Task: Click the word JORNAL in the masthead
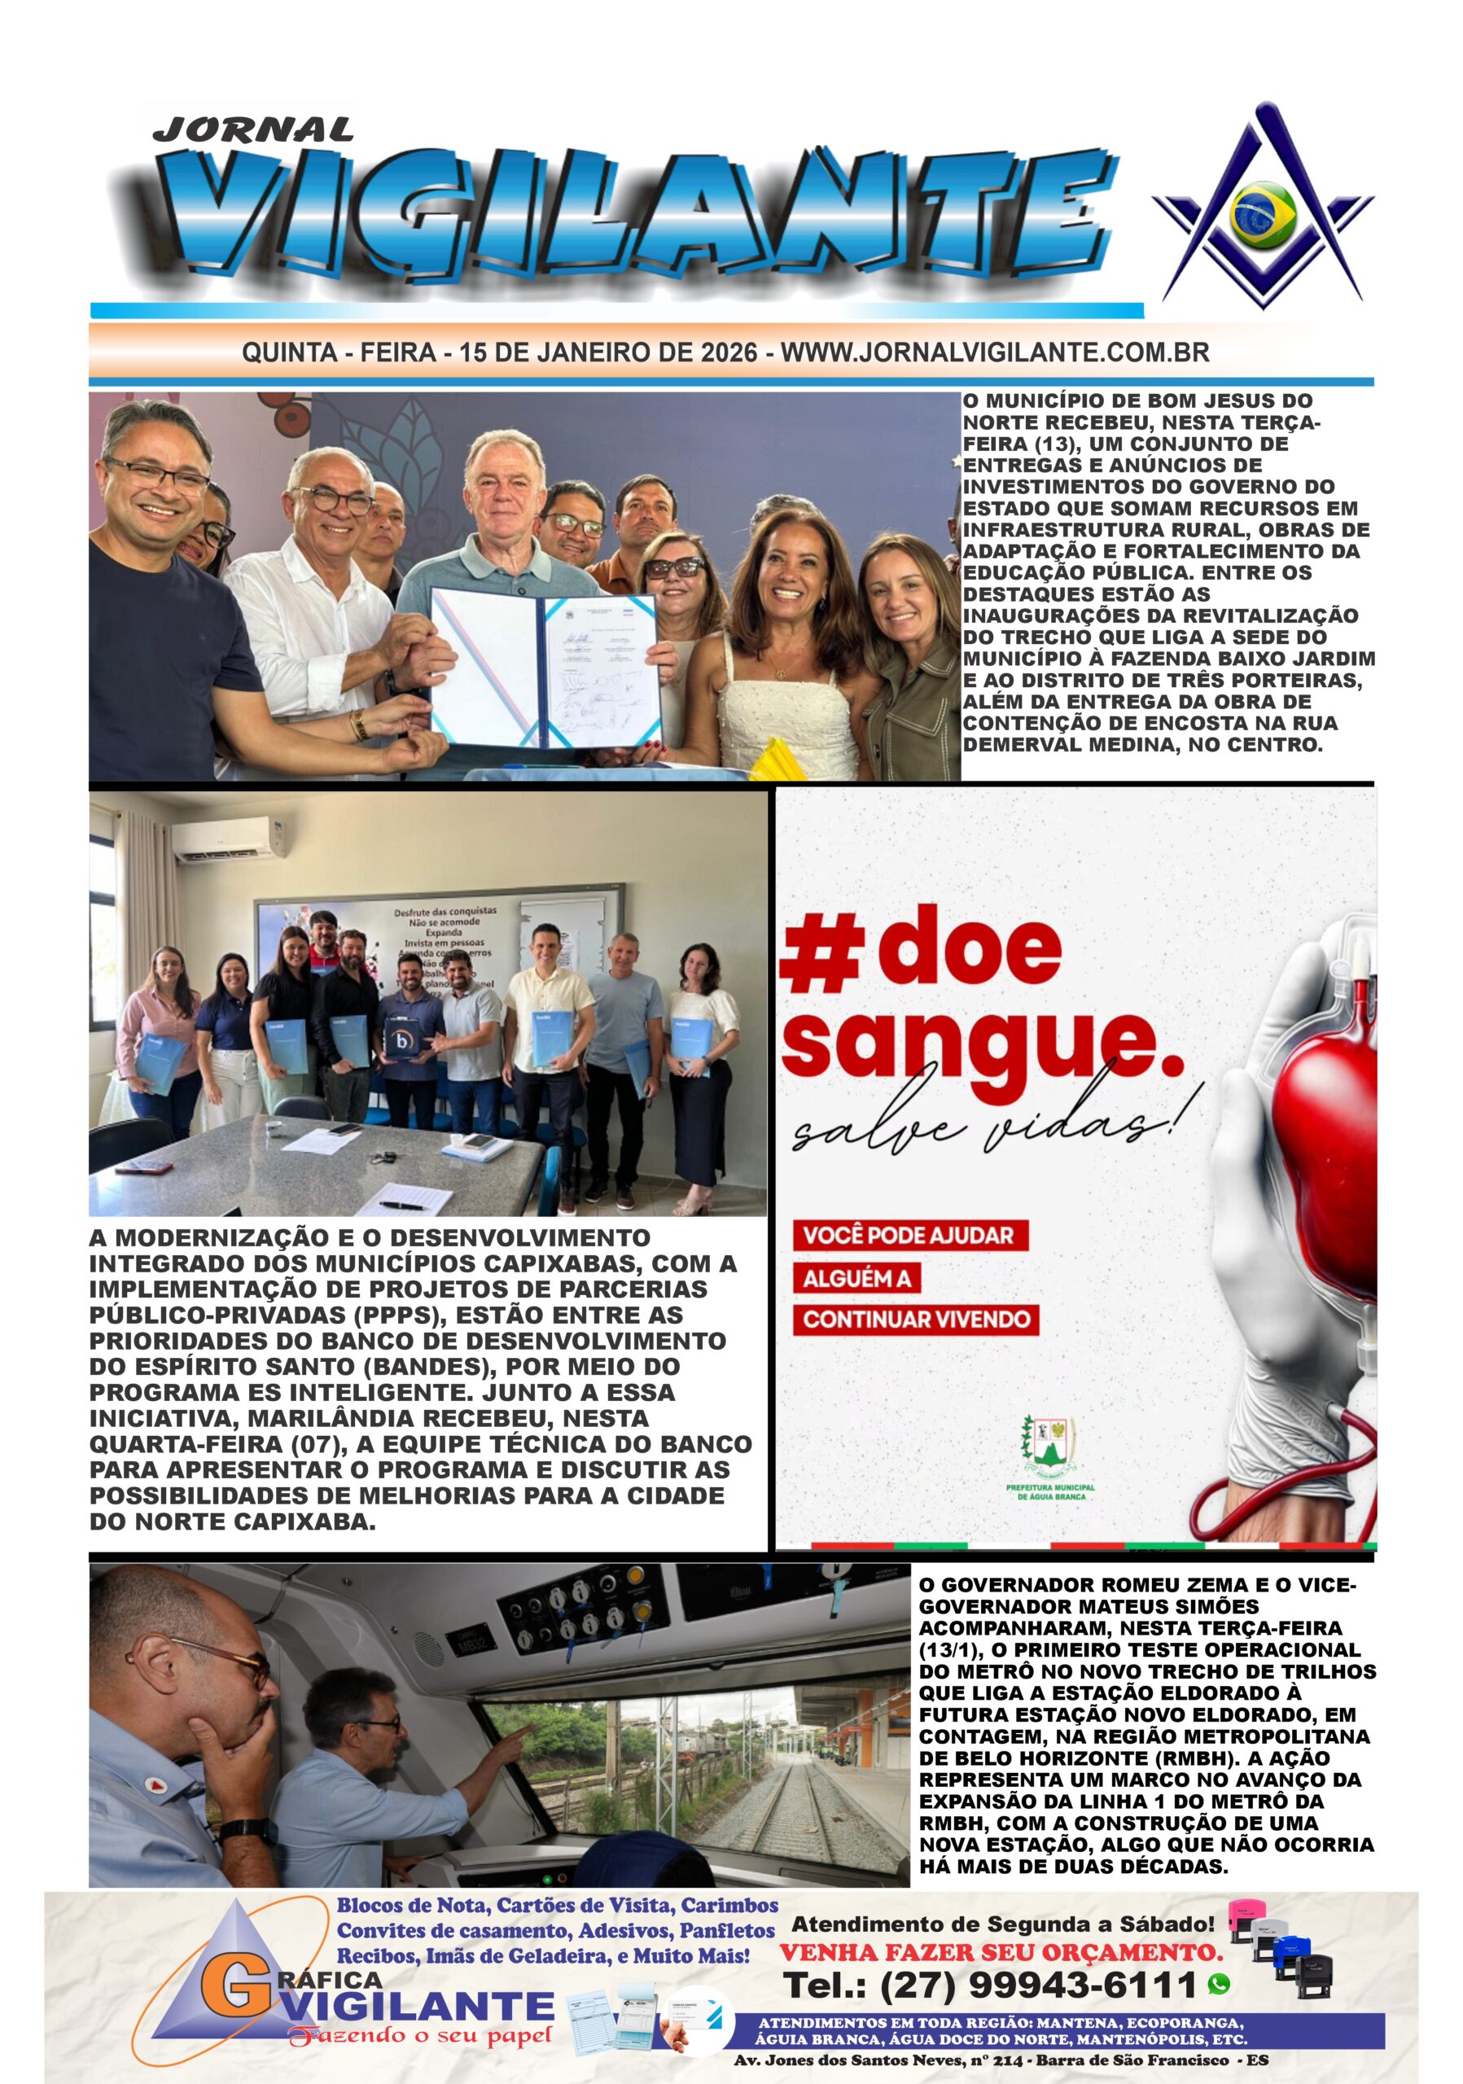[252, 129]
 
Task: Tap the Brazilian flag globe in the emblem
[1263, 214]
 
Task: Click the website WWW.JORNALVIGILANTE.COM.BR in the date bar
[995, 352]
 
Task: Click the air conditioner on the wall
[230, 838]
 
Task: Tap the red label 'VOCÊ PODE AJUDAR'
[909, 1235]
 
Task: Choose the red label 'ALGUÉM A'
[856, 1279]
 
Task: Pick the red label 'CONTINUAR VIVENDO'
[916, 1319]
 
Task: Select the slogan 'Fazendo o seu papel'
[418, 2036]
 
